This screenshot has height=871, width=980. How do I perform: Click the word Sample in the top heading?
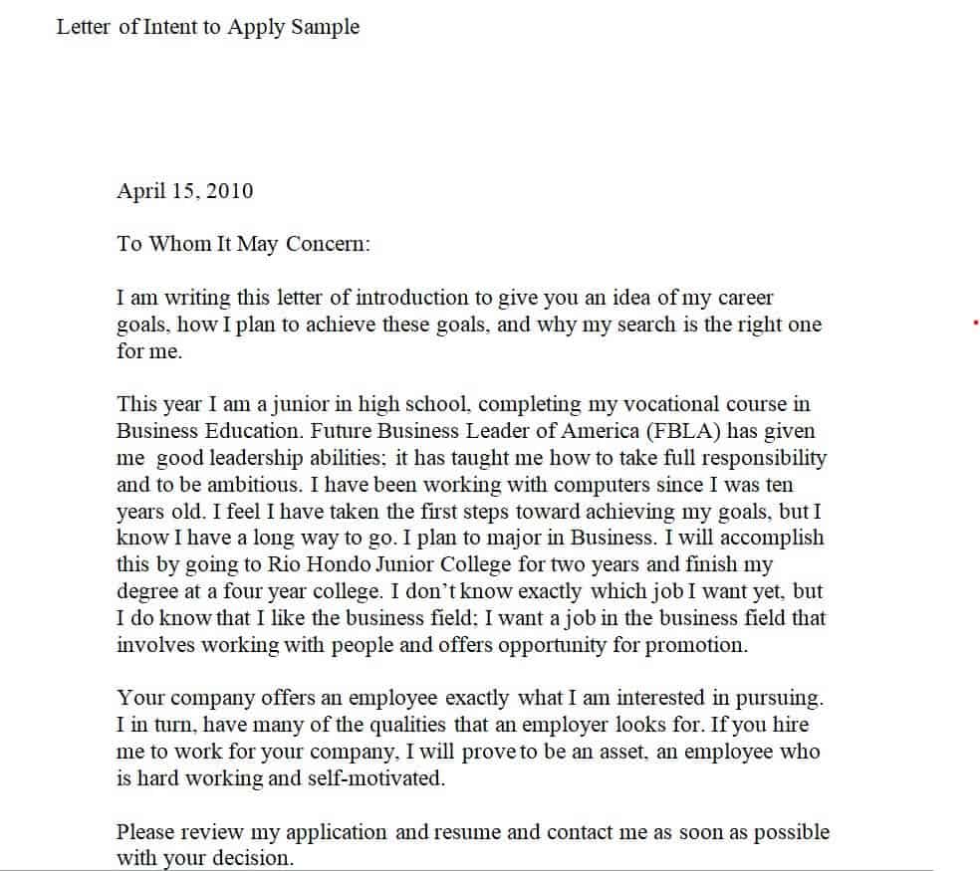[325, 28]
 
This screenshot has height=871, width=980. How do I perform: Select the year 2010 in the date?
[230, 190]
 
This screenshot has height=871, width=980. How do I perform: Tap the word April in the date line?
[139, 190]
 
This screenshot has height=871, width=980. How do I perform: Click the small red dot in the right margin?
[975, 323]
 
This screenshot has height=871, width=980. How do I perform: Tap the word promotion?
[696, 644]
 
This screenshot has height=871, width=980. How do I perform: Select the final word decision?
[254, 857]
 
